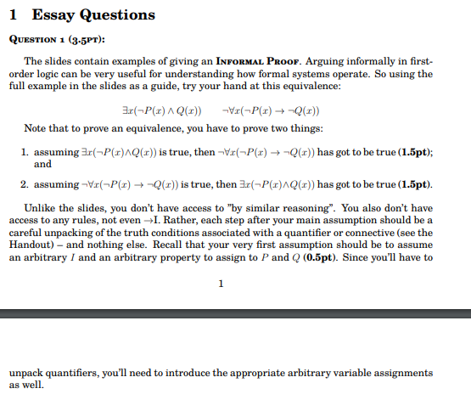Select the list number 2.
25,184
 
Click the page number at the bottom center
221,284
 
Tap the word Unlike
39,209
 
